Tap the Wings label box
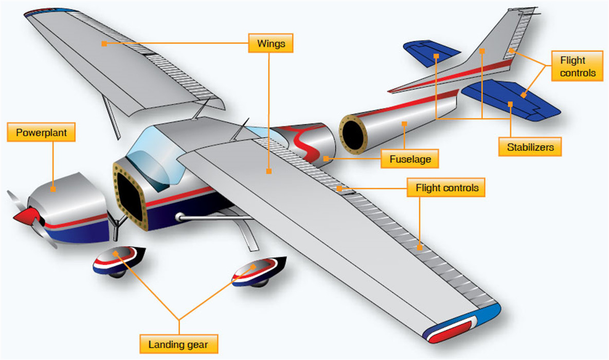(271, 44)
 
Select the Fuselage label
(409, 159)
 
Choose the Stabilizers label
(530, 147)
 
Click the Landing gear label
(178, 344)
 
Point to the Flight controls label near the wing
(446, 188)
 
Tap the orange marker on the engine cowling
(53, 189)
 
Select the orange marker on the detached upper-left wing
(104, 44)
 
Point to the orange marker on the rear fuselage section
(405, 123)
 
